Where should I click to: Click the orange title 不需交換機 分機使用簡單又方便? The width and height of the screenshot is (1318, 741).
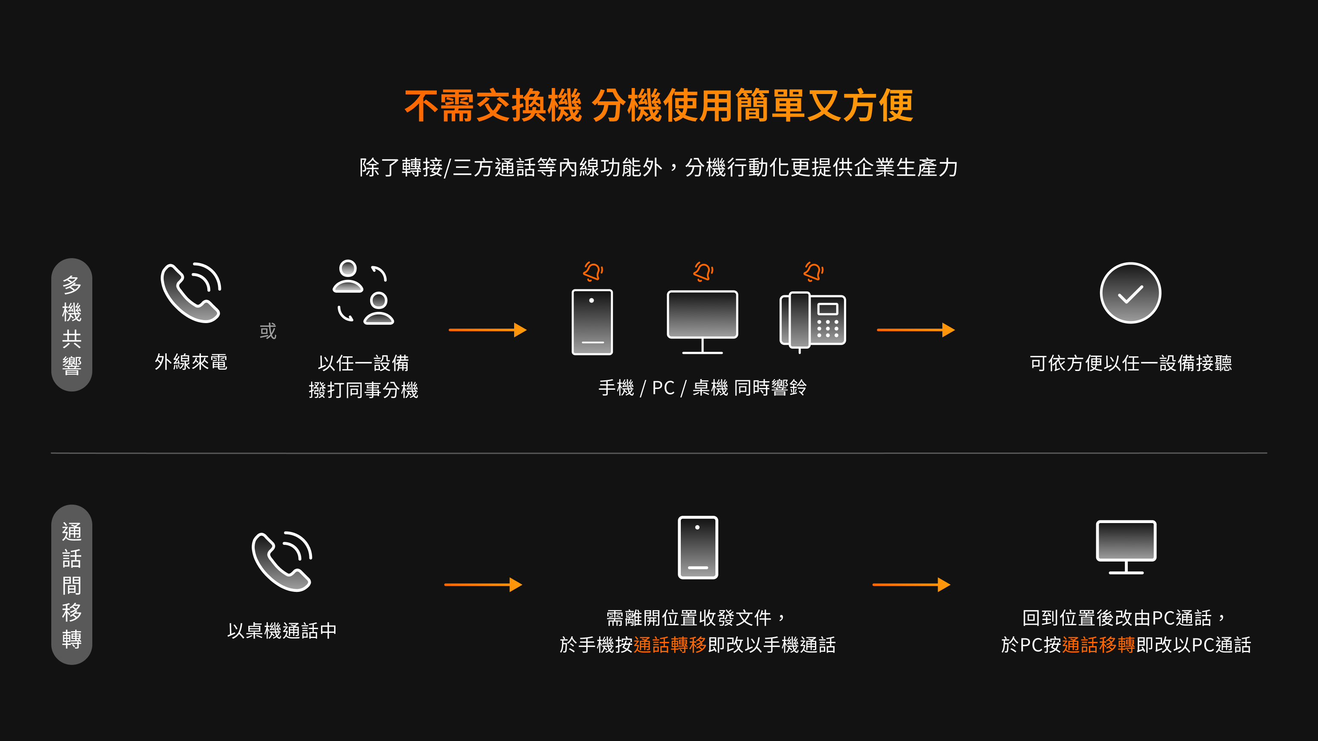pyautogui.click(x=659, y=106)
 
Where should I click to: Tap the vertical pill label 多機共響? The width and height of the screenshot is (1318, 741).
pyautogui.click(x=72, y=325)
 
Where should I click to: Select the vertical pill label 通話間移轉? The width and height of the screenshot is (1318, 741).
pyautogui.click(x=72, y=585)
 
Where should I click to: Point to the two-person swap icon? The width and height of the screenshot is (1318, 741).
pyautogui.click(x=363, y=292)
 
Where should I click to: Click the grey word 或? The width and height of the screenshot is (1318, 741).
pyautogui.click(x=268, y=331)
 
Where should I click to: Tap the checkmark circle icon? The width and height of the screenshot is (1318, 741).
pyautogui.click(x=1130, y=293)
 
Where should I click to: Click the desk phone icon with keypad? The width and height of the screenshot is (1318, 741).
pyautogui.click(x=812, y=321)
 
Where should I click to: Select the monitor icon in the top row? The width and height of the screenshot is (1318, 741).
pyautogui.click(x=702, y=322)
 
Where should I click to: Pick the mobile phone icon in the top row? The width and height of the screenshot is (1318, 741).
pyautogui.click(x=592, y=322)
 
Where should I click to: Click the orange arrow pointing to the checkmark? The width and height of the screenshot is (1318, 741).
pyautogui.click(x=916, y=330)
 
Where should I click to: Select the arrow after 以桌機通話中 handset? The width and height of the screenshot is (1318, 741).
pyautogui.click(x=483, y=585)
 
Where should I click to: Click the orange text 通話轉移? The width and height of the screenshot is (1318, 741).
pyautogui.click(x=670, y=645)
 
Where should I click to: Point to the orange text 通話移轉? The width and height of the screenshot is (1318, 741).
pyautogui.click(x=1098, y=645)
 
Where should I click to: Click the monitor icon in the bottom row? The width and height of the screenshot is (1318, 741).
pyautogui.click(x=1126, y=547)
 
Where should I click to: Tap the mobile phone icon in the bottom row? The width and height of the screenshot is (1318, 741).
pyautogui.click(x=698, y=547)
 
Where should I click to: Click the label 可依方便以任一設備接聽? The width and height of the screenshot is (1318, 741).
pyautogui.click(x=1131, y=363)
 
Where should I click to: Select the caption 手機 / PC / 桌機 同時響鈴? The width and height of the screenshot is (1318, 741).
pyautogui.click(x=703, y=388)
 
